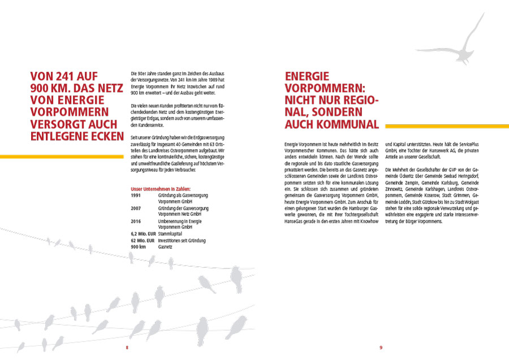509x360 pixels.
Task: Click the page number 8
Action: [x=127, y=347]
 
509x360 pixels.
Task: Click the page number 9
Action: [x=381, y=347]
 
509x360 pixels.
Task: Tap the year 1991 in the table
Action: [x=136, y=195]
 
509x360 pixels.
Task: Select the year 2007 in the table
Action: [x=136, y=209]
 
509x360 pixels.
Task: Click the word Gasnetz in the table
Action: [x=165, y=247]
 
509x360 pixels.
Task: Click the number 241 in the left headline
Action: [x=68, y=75]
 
